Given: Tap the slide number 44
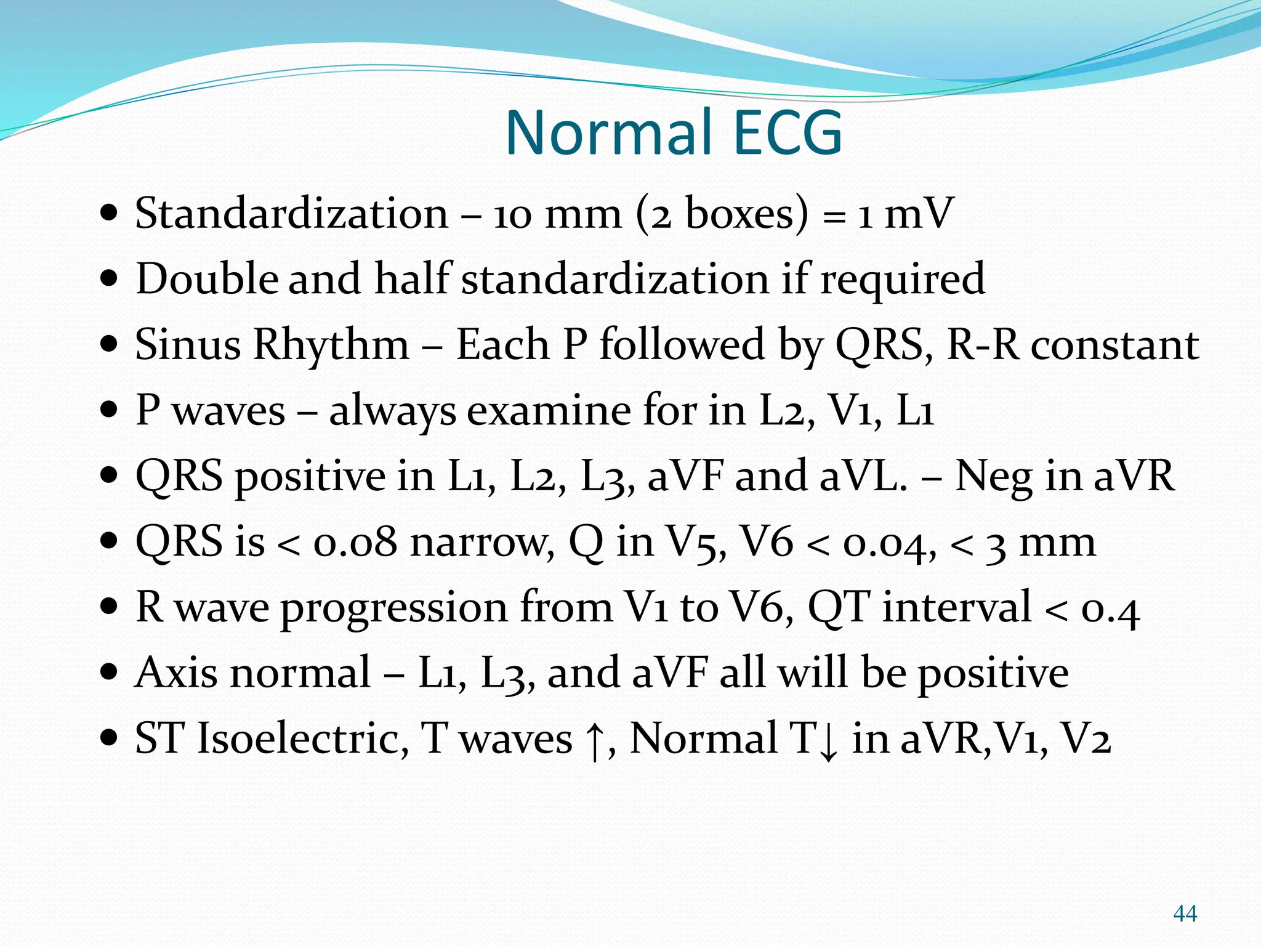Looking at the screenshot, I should [1185, 913].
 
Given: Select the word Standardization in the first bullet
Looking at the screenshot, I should [292, 214].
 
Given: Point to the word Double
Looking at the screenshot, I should [206, 279].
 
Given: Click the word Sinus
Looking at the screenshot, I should [188, 344].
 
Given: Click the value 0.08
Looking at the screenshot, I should [355, 543].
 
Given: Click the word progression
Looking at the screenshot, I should [395, 608].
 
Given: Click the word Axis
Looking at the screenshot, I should [176, 673].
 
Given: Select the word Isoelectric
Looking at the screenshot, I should [302, 738].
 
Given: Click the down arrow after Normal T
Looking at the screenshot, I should [829, 743].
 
